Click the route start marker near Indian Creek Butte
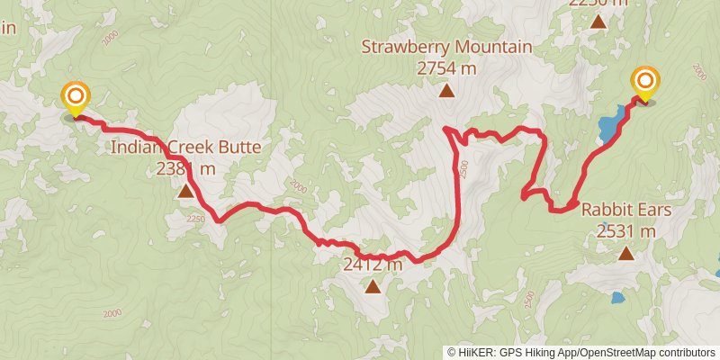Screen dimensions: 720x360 coord(76,96)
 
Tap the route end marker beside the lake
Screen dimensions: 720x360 coord(644,83)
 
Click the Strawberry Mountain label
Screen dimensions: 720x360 coord(446,47)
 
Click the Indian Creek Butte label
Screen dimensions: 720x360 coord(185,148)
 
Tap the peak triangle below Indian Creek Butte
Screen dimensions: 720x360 coord(185,190)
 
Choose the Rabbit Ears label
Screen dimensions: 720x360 coord(625,211)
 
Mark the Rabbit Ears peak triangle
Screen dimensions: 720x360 coord(625,254)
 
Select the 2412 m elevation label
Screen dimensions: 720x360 coord(373,265)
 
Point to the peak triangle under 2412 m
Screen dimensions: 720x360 coord(373,286)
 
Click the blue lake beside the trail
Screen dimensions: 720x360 coord(611,125)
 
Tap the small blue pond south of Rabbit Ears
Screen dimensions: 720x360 coord(617,297)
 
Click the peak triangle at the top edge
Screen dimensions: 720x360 coord(598,21)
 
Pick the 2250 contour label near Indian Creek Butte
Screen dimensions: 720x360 coord(196,219)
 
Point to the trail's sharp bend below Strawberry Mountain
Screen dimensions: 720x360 coord(447,131)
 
